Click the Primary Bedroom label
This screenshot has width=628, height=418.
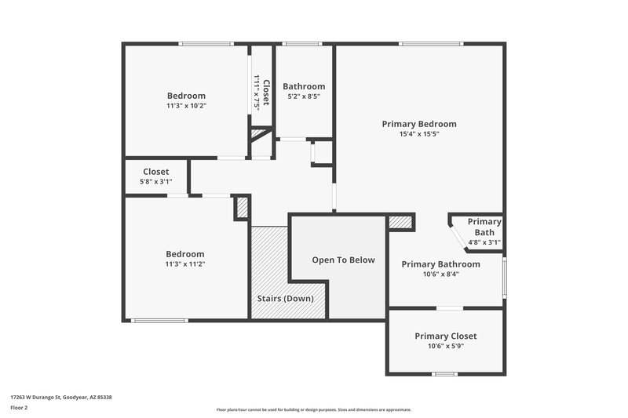[418, 124]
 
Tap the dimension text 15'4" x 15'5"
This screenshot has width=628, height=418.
[418, 134]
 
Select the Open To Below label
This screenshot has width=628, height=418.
[343, 260]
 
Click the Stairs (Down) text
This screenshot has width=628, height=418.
[286, 299]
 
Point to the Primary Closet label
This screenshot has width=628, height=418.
[445, 336]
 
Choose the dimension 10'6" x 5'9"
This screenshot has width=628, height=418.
[445, 347]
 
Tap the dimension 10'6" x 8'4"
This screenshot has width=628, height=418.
[440, 274]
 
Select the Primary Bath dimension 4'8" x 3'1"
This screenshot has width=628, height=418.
[484, 243]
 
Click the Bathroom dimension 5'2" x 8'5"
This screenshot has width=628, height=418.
[304, 96]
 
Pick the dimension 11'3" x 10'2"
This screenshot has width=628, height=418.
[186, 106]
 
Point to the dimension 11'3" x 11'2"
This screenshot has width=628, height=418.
[185, 264]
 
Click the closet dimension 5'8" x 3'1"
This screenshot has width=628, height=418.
[155, 182]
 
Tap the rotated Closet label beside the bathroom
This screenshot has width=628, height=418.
[266, 93]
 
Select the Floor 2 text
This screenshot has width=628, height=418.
[19, 408]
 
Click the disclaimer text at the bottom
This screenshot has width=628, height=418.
[313, 409]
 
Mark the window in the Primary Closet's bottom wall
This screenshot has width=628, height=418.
[445, 374]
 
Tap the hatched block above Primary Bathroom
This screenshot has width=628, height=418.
[400, 223]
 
